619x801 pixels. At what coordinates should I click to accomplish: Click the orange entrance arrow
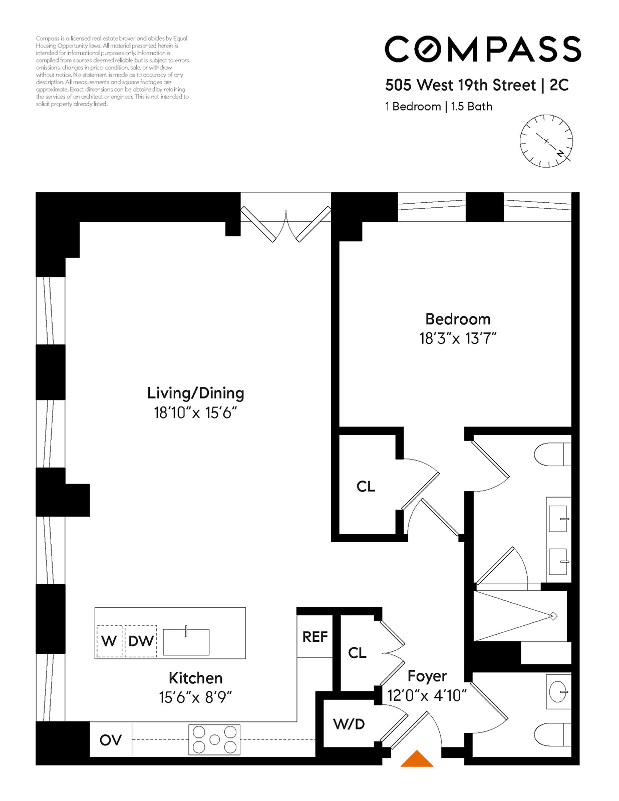click(x=417, y=759)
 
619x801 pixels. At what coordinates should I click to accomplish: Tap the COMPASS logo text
click(x=482, y=49)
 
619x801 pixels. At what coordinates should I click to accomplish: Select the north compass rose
click(x=546, y=141)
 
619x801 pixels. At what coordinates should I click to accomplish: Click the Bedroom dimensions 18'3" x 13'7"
click(x=457, y=339)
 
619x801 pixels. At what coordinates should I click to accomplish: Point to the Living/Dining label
click(x=195, y=393)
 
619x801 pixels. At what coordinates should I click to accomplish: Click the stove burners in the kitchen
click(x=214, y=739)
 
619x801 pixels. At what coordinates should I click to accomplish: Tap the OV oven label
click(x=111, y=740)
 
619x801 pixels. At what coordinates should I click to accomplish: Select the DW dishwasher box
click(x=141, y=641)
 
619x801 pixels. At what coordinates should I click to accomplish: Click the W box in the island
click(x=109, y=641)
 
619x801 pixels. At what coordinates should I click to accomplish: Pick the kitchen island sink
click(x=186, y=642)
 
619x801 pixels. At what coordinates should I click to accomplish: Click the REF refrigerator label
click(x=315, y=637)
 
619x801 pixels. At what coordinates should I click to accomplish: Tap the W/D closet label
click(x=349, y=724)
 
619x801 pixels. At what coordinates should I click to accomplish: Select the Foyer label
click(x=427, y=676)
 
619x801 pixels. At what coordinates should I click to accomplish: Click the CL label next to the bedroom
click(x=366, y=486)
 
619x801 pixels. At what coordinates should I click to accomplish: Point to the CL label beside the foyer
click(x=357, y=652)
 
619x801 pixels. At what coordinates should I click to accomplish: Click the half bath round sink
click(x=558, y=692)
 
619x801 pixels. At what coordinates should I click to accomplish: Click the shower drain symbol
click(x=553, y=616)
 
